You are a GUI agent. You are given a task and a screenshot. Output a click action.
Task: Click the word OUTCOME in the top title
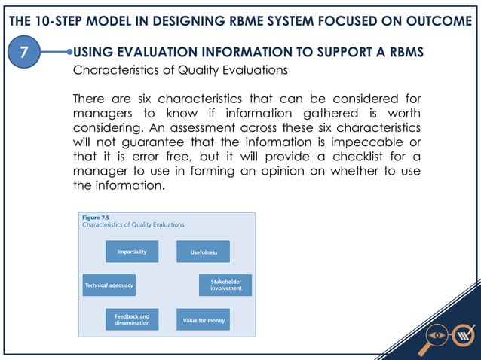pyautogui.click(x=436, y=20)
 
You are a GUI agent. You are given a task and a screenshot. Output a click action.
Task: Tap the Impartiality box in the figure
pyautogui.click(x=132, y=252)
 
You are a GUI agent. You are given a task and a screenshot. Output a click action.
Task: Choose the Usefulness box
pyautogui.click(x=202, y=252)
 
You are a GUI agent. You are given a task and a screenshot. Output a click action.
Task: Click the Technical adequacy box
pyautogui.click(x=109, y=285)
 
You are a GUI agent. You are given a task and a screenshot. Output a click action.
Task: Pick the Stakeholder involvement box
pyautogui.click(x=225, y=285)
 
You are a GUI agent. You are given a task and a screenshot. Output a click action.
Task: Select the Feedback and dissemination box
pyautogui.click(x=132, y=320)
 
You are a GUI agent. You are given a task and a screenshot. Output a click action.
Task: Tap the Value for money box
pyautogui.click(x=204, y=320)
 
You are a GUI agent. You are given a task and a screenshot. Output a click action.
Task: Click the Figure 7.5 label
pyautogui.click(x=95, y=217)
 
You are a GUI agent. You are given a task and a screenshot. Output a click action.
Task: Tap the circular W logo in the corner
pyautogui.click(x=465, y=334)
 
